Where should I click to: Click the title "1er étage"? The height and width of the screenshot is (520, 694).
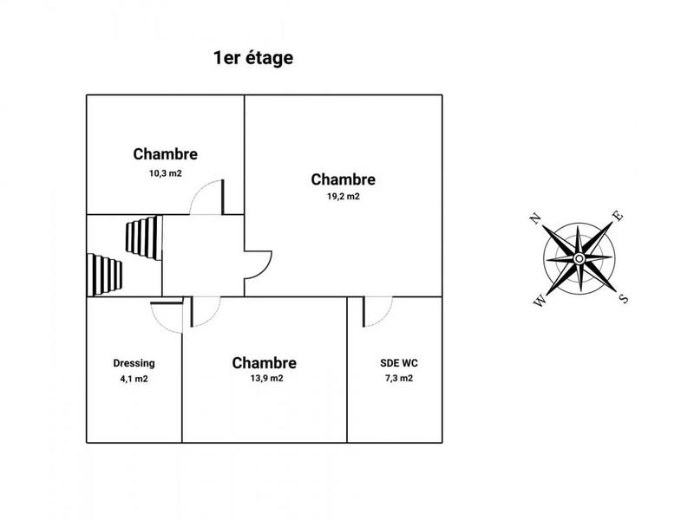point(253,59)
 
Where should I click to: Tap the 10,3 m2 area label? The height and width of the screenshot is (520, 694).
point(165,173)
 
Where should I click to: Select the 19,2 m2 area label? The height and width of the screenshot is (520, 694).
point(343,197)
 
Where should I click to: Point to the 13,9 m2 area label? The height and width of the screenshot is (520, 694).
point(265,379)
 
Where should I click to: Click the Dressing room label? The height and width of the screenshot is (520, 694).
point(134,363)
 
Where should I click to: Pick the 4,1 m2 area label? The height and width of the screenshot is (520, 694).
point(134,379)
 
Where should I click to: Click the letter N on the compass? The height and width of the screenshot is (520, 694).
point(537,218)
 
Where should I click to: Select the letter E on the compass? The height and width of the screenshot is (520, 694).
point(618,217)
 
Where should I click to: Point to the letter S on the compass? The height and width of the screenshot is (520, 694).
point(623,299)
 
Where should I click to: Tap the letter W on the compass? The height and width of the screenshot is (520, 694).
point(540,302)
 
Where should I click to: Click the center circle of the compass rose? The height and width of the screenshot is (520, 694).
point(579,259)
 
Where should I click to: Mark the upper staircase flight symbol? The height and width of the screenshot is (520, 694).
point(143,237)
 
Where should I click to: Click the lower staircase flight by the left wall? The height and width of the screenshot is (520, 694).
point(105,273)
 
